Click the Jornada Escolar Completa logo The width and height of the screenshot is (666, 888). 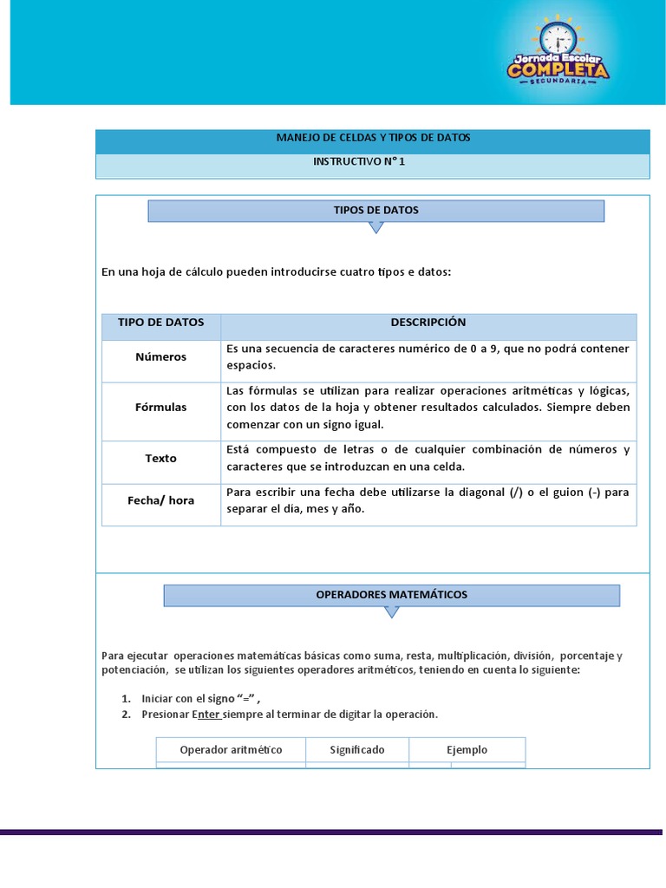(558, 53)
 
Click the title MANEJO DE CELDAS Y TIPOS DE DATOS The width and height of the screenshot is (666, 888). (373, 138)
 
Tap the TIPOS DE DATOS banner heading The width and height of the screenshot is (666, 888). (375, 211)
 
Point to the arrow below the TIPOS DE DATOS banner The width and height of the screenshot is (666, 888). (375, 227)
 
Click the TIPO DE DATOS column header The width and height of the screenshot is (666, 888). (161, 323)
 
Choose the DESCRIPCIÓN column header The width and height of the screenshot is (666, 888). (428, 323)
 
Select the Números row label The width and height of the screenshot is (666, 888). (160, 356)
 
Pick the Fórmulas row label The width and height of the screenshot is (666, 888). (160, 408)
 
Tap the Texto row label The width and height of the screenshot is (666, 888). (160, 458)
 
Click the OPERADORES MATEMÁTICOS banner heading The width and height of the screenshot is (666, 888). (391, 595)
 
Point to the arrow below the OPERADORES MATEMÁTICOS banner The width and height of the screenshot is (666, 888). (391, 611)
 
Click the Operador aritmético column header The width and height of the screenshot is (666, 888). (231, 750)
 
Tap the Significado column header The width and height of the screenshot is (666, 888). (357, 750)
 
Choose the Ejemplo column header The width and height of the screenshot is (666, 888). (467, 750)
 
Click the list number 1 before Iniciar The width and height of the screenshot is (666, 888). (125, 699)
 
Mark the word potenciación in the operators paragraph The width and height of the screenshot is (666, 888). (134, 670)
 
